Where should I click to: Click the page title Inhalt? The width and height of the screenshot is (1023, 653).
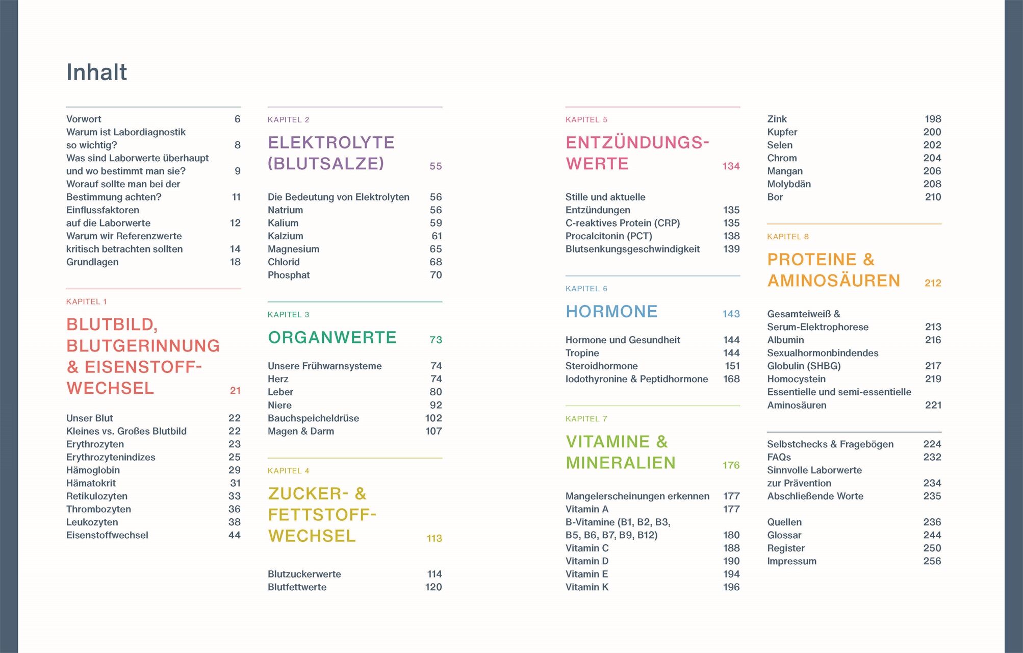coord(96,72)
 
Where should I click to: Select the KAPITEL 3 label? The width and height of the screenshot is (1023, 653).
coord(288,315)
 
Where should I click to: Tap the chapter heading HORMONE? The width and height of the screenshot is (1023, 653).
coord(611,312)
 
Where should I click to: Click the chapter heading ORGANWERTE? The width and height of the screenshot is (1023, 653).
coord(332,338)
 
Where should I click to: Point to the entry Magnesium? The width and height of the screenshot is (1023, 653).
coord(293,249)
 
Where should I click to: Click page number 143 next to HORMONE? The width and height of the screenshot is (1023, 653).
coord(731,314)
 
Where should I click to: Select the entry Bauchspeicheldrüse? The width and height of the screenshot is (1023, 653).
coord(313,418)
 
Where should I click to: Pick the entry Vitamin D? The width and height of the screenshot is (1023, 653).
coord(586,561)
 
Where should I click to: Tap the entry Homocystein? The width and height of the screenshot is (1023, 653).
coord(796,379)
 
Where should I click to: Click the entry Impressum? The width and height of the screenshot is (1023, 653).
coord(791,561)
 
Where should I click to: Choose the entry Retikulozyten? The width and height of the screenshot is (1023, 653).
coord(97,496)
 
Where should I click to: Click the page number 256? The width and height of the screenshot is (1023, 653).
coord(932,561)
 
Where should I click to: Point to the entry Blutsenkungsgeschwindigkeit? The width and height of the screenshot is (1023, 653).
coord(632,249)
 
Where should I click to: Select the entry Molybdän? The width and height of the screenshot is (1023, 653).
coord(788,184)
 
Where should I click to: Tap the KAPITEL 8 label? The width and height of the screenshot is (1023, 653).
coord(787,237)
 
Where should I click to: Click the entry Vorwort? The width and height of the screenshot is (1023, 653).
coord(84,119)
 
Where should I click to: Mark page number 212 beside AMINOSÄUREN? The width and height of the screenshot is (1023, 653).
coord(933,283)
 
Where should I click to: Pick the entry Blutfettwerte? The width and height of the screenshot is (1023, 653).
coord(297,587)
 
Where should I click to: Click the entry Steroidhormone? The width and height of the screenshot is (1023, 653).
coord(601,366)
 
